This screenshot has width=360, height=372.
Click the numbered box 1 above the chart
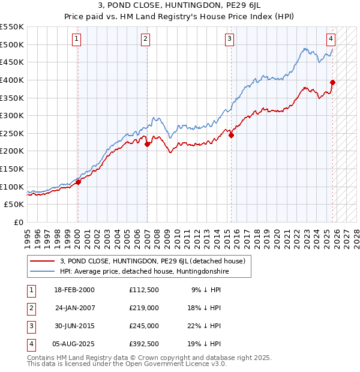point(77,39)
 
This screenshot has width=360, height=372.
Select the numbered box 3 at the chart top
point(230,39)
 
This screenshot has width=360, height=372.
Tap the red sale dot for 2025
point(333,82)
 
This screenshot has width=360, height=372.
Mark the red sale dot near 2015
point(231,135)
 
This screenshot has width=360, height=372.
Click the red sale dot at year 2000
point(78,182)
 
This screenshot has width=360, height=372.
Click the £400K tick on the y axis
point(12,80)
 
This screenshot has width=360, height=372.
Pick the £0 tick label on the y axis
point(18,222)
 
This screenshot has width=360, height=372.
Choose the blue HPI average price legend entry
point(144,272)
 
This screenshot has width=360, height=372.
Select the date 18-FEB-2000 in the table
point(74,290)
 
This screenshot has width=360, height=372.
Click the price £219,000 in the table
point(143,308)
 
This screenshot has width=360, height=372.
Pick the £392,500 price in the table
point(143,344)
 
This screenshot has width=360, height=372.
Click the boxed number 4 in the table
point(31,344)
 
